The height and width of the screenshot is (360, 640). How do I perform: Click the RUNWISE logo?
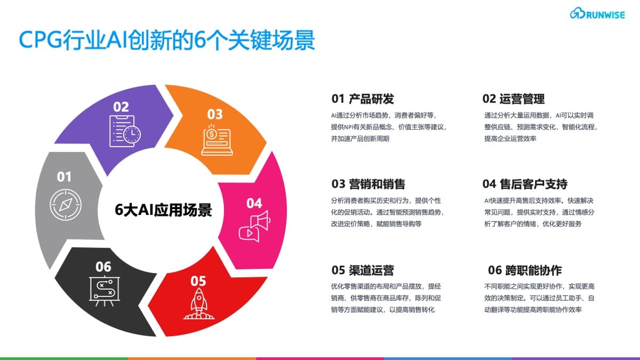click(597, 13)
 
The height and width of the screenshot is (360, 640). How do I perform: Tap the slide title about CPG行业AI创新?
click(167, 40)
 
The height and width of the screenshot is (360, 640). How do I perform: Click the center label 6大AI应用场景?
click(163, 210)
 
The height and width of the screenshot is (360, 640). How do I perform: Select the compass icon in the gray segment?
click(66, 204)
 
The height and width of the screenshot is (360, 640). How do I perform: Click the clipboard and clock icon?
click(125, 131)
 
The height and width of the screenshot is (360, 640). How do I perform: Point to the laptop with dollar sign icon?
click(217, 140)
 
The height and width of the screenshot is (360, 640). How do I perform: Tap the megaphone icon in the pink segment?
click(254, 227)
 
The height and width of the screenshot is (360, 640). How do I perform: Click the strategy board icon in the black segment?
click(105, 291)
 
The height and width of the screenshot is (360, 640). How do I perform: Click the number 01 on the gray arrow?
click(64, 177)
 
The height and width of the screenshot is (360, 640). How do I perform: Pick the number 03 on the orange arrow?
click(215, 114)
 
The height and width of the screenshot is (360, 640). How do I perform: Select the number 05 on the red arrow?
click(198, 281)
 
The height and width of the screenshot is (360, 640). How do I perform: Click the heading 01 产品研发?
click(363, 99)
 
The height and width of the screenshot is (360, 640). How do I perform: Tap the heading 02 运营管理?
click(514, 99)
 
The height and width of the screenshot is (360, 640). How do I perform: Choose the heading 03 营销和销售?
click(369, 184)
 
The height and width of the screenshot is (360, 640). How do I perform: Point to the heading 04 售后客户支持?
click(525, 184)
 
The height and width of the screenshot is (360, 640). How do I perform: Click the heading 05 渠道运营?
click(363, 270)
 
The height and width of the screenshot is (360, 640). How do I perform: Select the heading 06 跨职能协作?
click(525, 270)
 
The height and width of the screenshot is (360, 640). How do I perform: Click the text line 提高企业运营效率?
click(510, 139)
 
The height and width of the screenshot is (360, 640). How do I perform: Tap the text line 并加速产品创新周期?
click(360, 139)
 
